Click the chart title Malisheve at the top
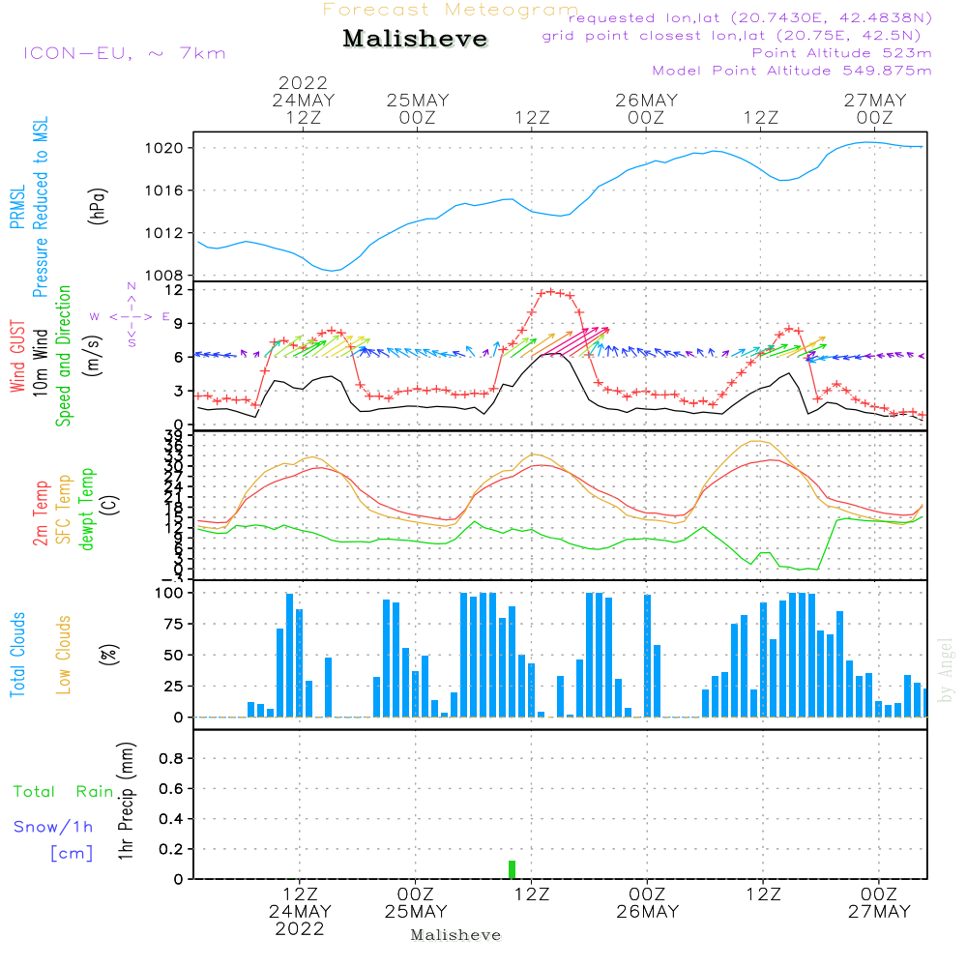[x=415, y=40]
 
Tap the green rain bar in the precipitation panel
[x=512, y=868]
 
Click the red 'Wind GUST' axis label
[x=17, y=358]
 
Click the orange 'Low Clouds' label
[x=64, y=654]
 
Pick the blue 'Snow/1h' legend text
[x=54, y=827]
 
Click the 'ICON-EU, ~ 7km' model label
[x=124, y=53]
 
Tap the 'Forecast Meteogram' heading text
[x=451, y=10]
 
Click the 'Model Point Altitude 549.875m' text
[x=792, y=71]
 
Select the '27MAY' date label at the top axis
[x=875, y=101]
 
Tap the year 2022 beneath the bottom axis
[x=300, y=929]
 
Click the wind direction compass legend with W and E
[x=131, y=315]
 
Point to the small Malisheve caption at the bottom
[x=456, y=935]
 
